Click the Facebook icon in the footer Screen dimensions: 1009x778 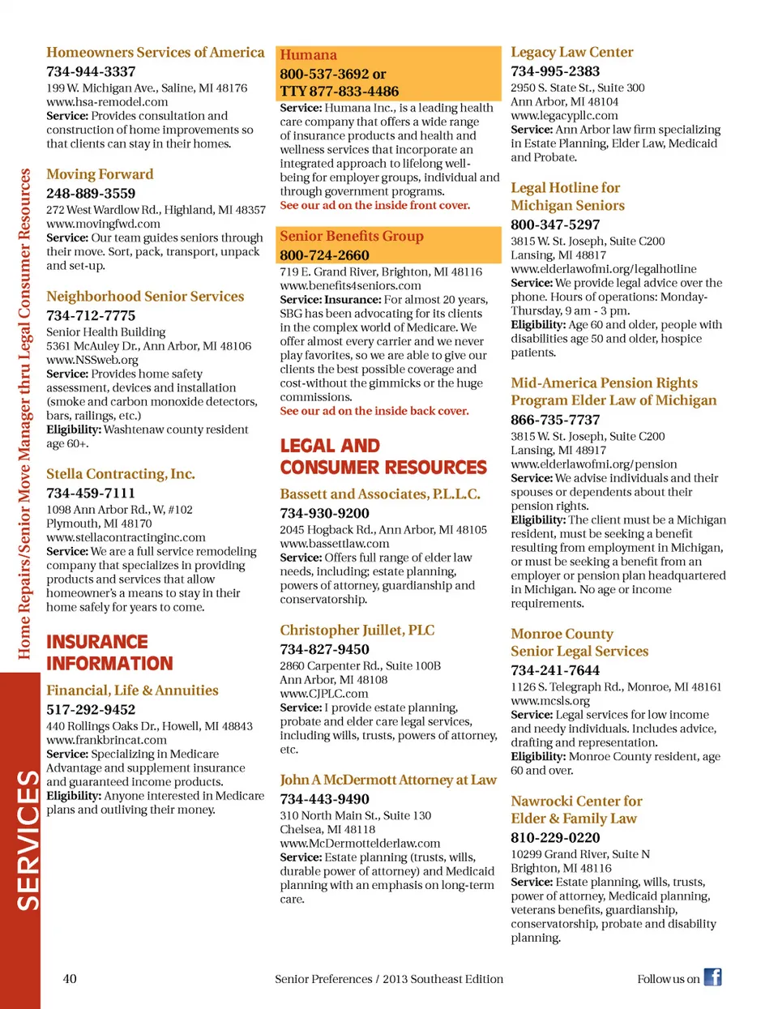(x=712, y=977)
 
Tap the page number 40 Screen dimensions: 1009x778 (x=70, y=978)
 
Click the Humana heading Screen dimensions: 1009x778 (x=308, y=55)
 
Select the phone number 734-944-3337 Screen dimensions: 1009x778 (x=91, y=71)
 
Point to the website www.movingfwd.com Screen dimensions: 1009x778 (x=103, y=224)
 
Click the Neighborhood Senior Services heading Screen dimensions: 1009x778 (x=145, y=297)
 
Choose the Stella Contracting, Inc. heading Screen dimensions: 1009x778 (x=121, y=474)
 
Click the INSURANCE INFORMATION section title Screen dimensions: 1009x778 (x=109, y=652)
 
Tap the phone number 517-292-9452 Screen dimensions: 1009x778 (x=91, y=709)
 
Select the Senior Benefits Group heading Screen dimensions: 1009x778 (x=352, y=236)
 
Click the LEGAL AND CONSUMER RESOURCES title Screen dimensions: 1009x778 (x=383, y=456)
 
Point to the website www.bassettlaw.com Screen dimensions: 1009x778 (x=335, y=543)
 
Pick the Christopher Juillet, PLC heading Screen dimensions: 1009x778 (x=357, y=630)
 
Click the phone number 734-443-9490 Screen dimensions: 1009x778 (x=324, y=799)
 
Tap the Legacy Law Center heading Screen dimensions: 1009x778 (x=572, y=52)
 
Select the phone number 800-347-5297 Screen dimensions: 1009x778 (x=555, y=224)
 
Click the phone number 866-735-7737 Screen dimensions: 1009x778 (x=555, y=420)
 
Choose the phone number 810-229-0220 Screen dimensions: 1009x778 (x=555, y=837)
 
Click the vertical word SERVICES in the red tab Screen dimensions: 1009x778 (x=28, y=840)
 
